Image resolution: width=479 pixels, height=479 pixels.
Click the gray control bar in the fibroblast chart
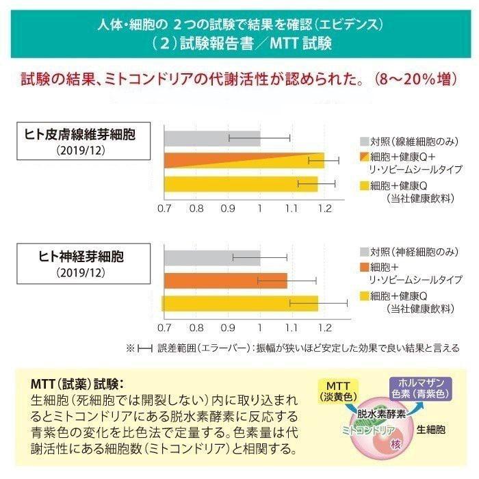point(212,138)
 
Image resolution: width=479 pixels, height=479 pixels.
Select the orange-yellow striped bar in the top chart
point(244,160)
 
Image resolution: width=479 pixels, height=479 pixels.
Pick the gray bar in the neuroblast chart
point(212,258)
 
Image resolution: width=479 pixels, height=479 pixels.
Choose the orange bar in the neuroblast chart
point(226,280)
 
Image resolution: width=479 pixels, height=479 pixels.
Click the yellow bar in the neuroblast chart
point(240,303)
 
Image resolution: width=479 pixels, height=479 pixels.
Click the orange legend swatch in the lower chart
point(364,268)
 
